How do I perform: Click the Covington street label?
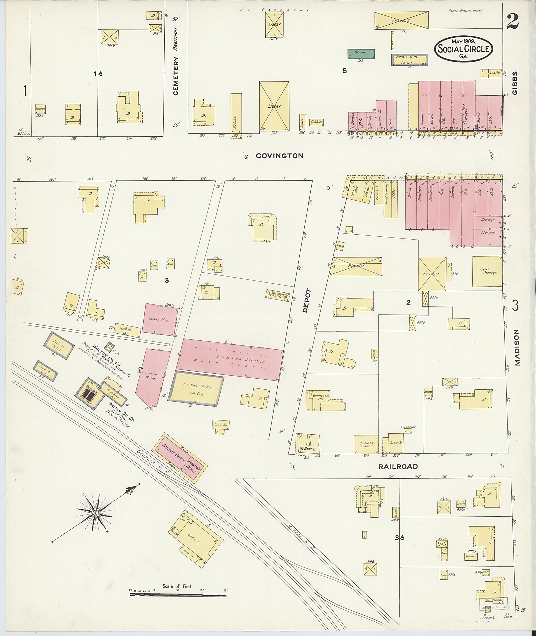(279, 156)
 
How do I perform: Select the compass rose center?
(96, 513)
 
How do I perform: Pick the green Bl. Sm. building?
(361, 54)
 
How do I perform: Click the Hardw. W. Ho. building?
(409, 60)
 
